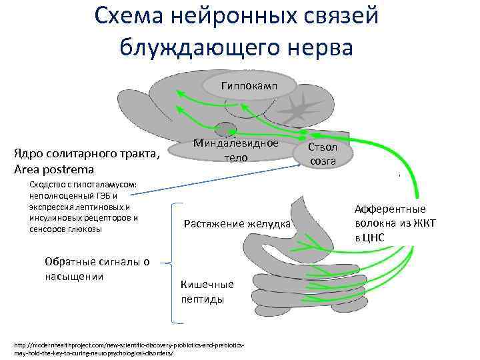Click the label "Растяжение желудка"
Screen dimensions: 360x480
[x=237, y=223]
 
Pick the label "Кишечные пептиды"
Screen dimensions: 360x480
[x=207, y=292]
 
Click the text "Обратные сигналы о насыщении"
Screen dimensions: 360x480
[x=96, y=269]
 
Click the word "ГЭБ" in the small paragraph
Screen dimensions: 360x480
[x=106, y=195]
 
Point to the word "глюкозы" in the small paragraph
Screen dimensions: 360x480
[x=83, y=229]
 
